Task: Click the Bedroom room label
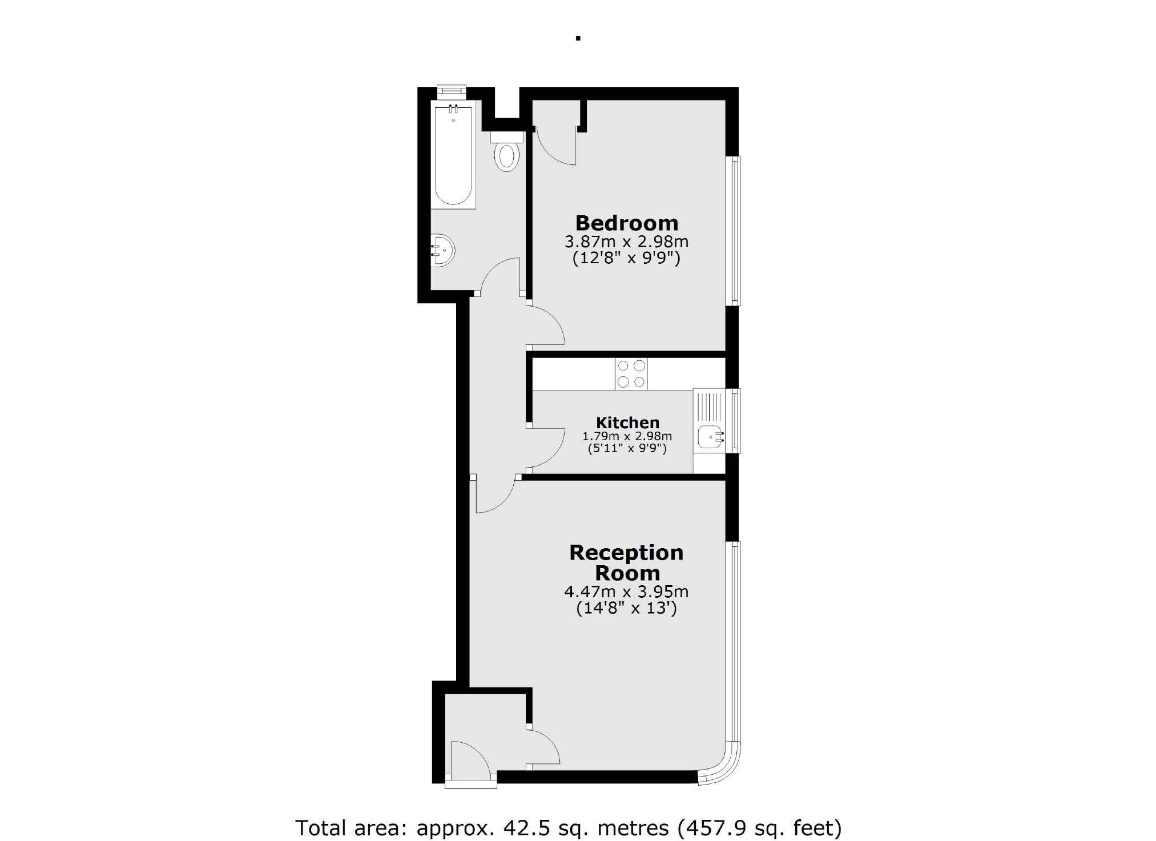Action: point(626,223)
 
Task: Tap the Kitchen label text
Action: point(627,422)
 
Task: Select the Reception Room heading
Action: point(626,562)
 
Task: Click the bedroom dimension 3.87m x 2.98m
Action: point(626,242)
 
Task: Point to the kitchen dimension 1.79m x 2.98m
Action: point(627,436)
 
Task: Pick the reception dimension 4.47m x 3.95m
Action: point(626,591)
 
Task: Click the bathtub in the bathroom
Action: point(453,155)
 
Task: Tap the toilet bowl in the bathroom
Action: point(506,156)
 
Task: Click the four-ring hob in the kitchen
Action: point(631,374)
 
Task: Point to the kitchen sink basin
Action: point(710,437)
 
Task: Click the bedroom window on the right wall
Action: point(735,231)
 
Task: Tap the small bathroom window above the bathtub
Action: point(452,91)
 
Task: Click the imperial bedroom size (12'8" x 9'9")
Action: point(626,259)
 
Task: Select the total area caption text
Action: point(568,827)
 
